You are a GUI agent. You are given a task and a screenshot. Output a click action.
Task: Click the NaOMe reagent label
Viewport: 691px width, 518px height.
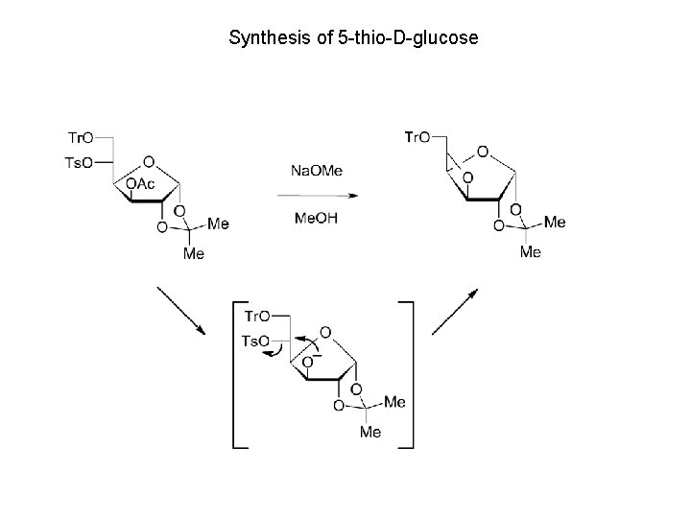coord(316,171)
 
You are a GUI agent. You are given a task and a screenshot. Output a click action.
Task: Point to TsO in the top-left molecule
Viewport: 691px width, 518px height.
coord(80,163)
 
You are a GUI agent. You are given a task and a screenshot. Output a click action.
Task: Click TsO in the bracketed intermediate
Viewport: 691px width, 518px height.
coord(255,341)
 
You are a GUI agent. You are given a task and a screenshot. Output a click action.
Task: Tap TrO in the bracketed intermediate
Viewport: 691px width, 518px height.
coord(256,316)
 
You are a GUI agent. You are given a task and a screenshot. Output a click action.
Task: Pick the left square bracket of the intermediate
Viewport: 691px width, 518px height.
coord(237,374)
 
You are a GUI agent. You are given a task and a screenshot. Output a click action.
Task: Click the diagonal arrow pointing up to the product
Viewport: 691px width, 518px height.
coord(455,309)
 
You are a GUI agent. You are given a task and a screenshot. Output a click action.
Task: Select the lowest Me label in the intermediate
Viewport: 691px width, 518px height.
coord(370,433)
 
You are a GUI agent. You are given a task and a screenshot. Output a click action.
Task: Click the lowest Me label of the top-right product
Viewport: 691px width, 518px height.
coord(530,252)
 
